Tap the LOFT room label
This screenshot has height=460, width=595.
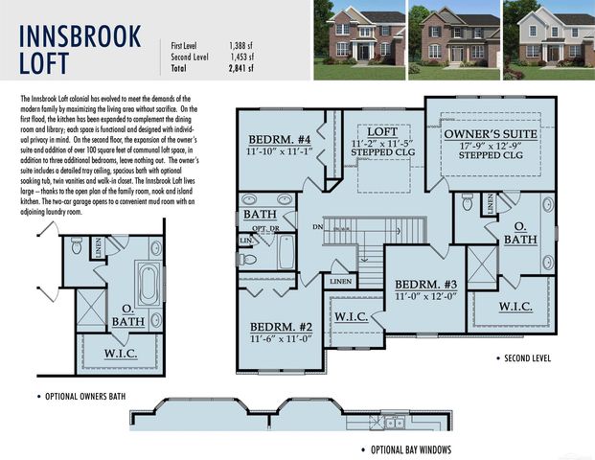(x=383, y=132)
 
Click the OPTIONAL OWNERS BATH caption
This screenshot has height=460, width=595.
(x=85, y=396)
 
